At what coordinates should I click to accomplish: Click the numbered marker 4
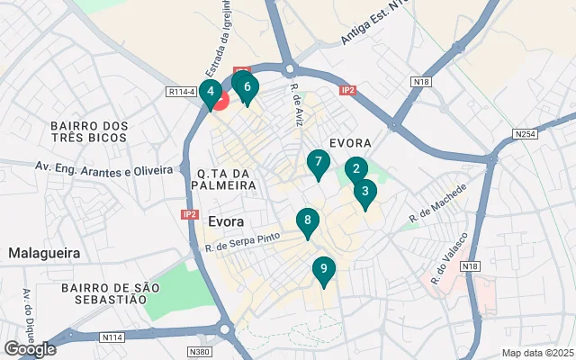click(210, 92)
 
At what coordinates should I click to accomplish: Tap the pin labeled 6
click(247, 88)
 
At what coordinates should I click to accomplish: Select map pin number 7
click(317, 164)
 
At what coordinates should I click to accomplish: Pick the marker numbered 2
click(355, 168)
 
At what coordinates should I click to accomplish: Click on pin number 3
click(364, 192)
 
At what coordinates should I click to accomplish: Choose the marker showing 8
click(308, 221)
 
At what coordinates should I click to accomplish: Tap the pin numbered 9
click(323, 269)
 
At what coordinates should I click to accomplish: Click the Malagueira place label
click(44, 254)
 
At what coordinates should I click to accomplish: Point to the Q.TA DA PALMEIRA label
click(220, 179)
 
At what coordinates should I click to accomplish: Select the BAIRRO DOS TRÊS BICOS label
click(90, 132)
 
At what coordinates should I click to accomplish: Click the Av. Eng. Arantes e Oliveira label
click(103, 169)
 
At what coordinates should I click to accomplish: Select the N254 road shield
click(526, 134)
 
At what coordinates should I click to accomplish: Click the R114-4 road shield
click(182, 90)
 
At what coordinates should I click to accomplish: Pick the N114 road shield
click(112, 337)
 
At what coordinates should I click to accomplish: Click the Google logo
click(30, 348)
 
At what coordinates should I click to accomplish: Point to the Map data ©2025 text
click(537, 353)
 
